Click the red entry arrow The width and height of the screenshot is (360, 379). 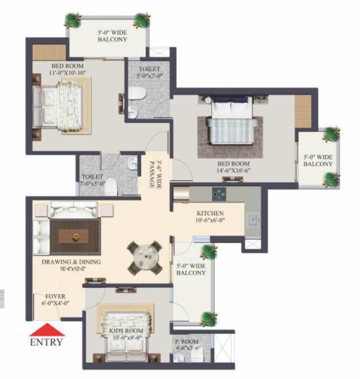47,330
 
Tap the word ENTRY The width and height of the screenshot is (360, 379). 46,342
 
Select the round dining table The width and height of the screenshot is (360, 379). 145,258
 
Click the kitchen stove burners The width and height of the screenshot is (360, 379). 219,194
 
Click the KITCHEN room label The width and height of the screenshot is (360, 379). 210,213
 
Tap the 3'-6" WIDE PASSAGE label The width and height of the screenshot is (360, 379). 155,174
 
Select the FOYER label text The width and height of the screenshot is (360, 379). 55,296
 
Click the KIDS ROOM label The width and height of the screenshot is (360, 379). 126,331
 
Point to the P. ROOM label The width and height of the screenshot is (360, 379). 187,341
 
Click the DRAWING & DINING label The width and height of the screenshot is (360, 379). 71,262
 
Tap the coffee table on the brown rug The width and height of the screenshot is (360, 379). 74,236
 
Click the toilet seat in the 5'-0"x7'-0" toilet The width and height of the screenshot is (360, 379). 138,93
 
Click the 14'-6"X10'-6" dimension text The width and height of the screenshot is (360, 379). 233,170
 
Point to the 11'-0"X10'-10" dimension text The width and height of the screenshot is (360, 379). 68,73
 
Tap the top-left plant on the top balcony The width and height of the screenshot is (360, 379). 73,21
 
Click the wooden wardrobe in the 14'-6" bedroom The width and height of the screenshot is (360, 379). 303,111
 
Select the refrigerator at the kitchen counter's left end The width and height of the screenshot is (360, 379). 181,193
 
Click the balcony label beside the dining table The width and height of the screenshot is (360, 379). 191,269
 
